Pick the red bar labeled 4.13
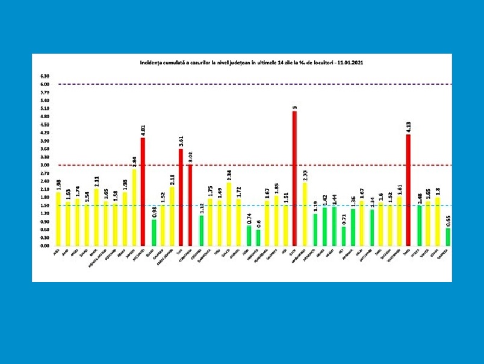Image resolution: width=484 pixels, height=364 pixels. coord(409,190)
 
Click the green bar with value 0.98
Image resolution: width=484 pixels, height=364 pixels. coord(153,233)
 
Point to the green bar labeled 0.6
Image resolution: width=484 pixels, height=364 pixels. coord(258,237)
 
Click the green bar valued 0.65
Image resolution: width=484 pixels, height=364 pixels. coord(448,237)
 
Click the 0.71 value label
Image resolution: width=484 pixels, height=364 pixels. coord(343,219)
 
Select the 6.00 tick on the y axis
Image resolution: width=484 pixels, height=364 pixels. coord(45,84)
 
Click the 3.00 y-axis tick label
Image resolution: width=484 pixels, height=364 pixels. coord(45,165)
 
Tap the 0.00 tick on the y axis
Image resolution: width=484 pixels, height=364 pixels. coord(45,245)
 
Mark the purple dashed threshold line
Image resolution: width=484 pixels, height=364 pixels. coord(241,84)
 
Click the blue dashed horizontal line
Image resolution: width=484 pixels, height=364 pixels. coord(241,206)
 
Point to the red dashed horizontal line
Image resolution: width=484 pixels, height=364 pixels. coord(241,165)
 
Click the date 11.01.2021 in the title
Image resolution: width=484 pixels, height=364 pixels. coord(348,63)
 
